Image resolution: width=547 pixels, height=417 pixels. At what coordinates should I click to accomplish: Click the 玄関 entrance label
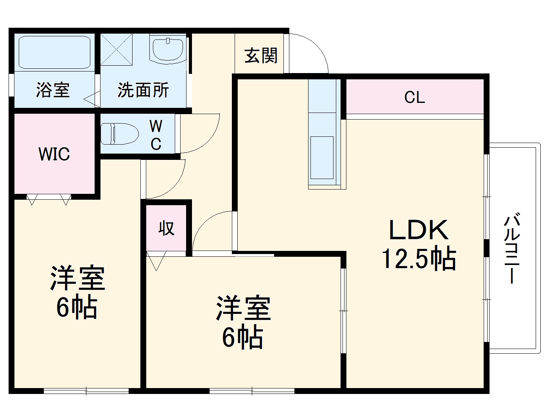(x=261, y=56)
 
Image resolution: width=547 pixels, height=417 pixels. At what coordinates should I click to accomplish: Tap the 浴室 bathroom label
(x=53, y=90)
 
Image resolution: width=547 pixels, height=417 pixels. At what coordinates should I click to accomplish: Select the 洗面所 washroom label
(x=143, y=90)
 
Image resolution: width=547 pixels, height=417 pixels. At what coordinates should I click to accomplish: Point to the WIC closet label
(x=54, y=154)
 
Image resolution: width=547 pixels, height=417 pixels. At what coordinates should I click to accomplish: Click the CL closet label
(x=414, y=97)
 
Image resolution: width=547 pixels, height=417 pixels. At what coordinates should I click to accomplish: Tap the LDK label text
(x=418, y=231)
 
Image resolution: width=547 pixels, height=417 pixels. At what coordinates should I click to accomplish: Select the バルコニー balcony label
(x=512, y=248)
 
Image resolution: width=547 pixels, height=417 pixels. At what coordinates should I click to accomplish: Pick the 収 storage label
(x=166, y=228)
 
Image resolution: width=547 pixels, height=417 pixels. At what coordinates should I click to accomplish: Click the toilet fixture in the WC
(x=119, y=134)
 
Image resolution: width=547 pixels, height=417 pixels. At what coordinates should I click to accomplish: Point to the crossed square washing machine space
(x=117, y=50)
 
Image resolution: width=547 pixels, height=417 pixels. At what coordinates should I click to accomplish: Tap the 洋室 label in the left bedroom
(x=77, y=278)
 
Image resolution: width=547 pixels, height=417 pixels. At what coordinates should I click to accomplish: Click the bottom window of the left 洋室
(x=86, y=390)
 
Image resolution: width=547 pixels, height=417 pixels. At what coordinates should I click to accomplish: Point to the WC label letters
(x=156, y=135)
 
